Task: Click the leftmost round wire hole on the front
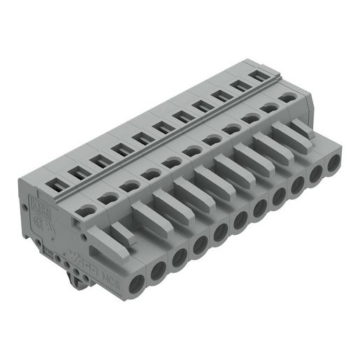(136, 282)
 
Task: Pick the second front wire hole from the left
(158, 269)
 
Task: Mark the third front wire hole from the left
(180, 257)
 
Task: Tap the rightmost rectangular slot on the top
(261, 75)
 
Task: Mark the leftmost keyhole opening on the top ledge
(85, 209)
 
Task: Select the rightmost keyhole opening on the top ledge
(287, 100)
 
